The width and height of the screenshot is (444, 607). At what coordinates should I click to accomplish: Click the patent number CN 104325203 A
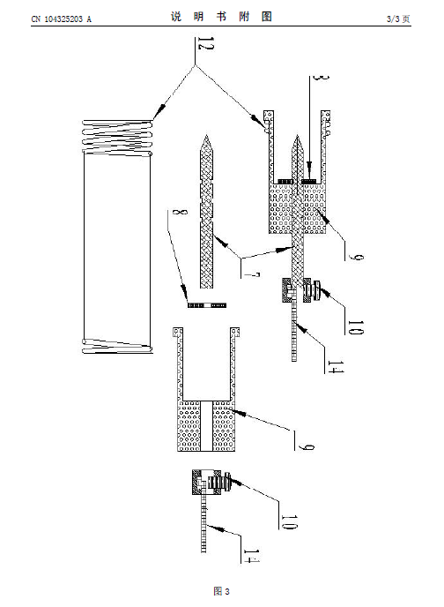click(x=61, y=19)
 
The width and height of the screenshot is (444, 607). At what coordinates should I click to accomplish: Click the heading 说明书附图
click(x=221, y=17)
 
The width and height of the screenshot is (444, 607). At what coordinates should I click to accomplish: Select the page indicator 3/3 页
click(x=398, y=19)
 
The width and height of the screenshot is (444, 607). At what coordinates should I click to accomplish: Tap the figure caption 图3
click(x=221, y=591)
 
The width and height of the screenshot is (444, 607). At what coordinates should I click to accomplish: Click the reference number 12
click(x=204, y=43)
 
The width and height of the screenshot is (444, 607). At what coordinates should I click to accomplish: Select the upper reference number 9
click(x=355, y=256)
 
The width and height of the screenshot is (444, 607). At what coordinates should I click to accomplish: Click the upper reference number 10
click(x=355, y=327)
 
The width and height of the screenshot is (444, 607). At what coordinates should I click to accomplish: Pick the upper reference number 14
click(x=335, y=367)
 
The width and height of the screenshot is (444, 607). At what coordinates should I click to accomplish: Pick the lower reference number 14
click(x=250, y=556)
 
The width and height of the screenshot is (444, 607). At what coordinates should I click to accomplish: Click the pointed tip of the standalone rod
click(x=207, y=136)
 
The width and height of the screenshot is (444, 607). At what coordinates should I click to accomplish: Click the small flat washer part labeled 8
click(x=207, y=305)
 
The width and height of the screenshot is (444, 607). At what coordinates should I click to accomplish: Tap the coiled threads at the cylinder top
click(x=117, y=138)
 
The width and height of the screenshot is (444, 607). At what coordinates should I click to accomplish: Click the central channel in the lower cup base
click(x=207, y=426)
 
